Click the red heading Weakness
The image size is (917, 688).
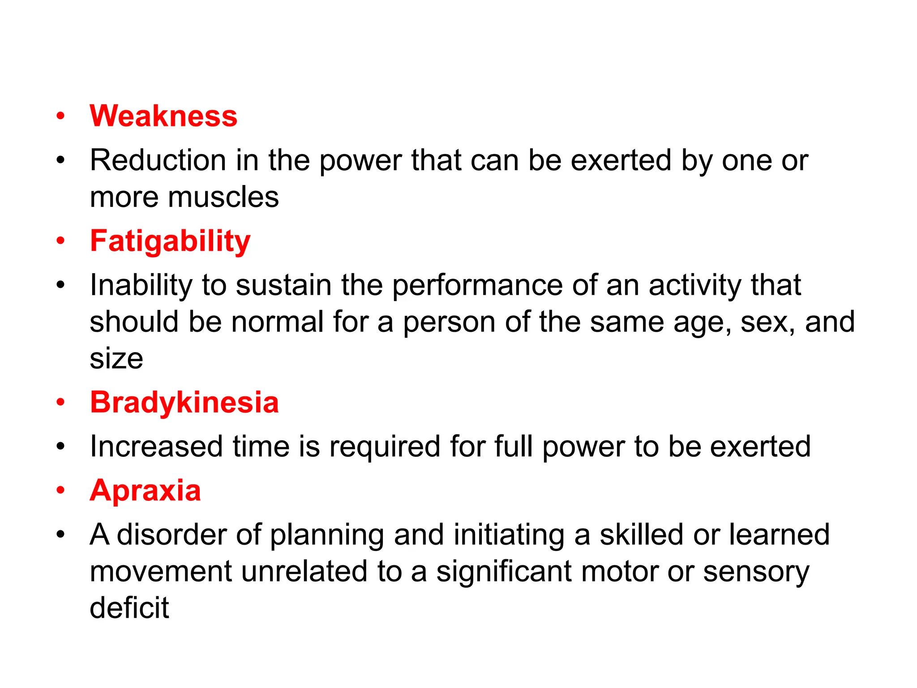tap(163, 116)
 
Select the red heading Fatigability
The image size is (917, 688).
tap(170, 241)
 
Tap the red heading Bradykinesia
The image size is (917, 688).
tap(184, 402)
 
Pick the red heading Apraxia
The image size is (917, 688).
tap(145, 490)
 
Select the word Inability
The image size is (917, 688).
tap(141, 285)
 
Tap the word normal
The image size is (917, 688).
tap(277, 322)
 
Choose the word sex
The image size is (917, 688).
tap(767, 322)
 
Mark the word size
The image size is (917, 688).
tap(116, 358)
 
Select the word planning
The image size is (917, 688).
tap(327, 535)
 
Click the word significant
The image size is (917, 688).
tap(504, 572)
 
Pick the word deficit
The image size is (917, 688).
tap(129, 608)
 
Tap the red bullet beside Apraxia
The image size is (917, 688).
tap(60, 491)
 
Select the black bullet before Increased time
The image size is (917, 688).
tap(60, 447)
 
